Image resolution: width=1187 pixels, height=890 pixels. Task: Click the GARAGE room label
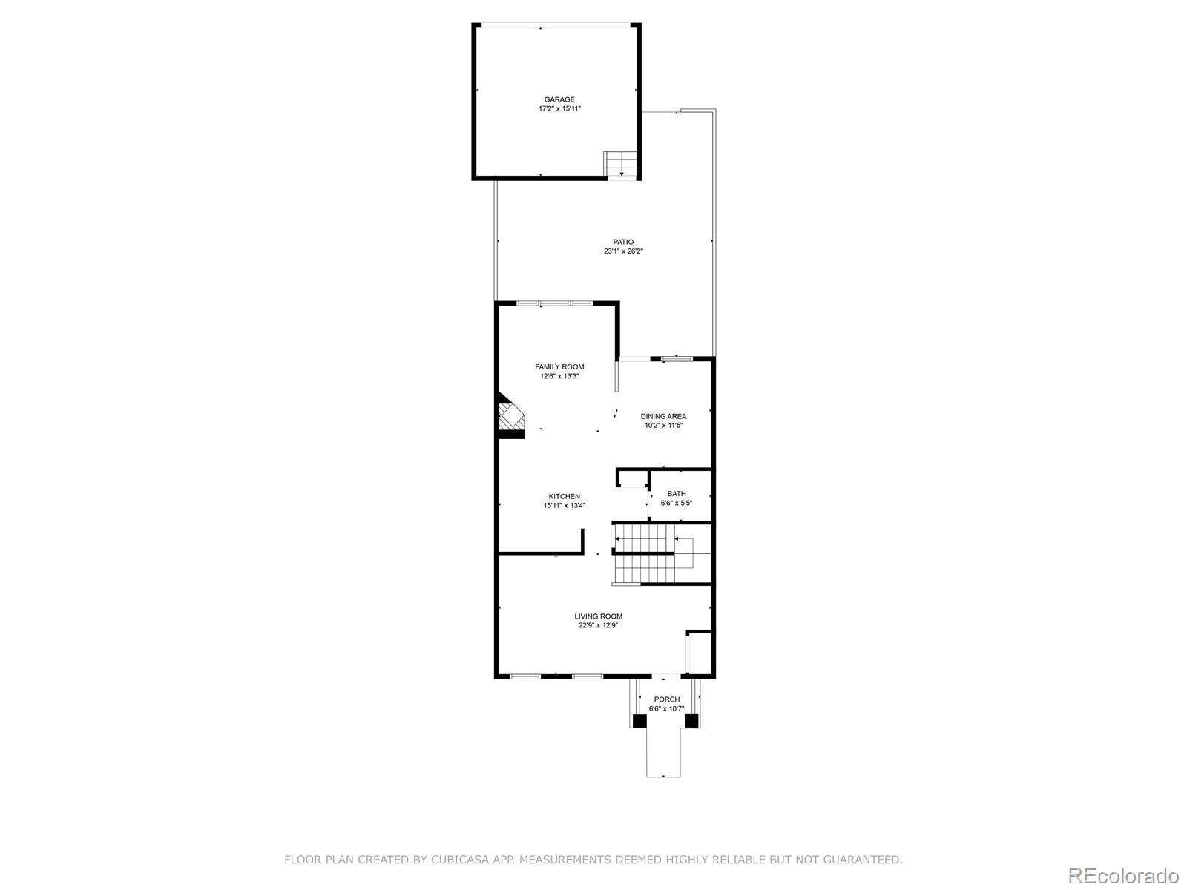click(559, 99)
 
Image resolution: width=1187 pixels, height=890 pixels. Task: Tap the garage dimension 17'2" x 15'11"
click(559, 109)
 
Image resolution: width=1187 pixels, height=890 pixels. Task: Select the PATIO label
click(623, 242)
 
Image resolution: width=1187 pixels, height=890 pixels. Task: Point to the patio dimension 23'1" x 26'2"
click(623, 251)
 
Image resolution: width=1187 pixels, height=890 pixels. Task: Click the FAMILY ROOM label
click(559, 366)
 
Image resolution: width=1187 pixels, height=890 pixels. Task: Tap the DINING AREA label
click(663, 416)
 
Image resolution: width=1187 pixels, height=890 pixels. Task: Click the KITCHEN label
click(564, 496)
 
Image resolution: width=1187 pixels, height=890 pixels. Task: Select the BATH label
click(676, 493)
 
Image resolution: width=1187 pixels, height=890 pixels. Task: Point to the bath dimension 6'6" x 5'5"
click(676, 503)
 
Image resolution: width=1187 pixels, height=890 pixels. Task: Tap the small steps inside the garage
click(622, 164)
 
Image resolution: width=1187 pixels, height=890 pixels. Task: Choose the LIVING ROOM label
click(598, 616)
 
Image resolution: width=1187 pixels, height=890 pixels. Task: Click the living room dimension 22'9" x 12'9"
click(598, 625)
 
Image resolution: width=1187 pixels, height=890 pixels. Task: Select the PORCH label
click(666, 699)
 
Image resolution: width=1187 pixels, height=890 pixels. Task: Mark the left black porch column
click(639, 720)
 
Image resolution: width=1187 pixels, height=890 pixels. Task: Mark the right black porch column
click(691, 720)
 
